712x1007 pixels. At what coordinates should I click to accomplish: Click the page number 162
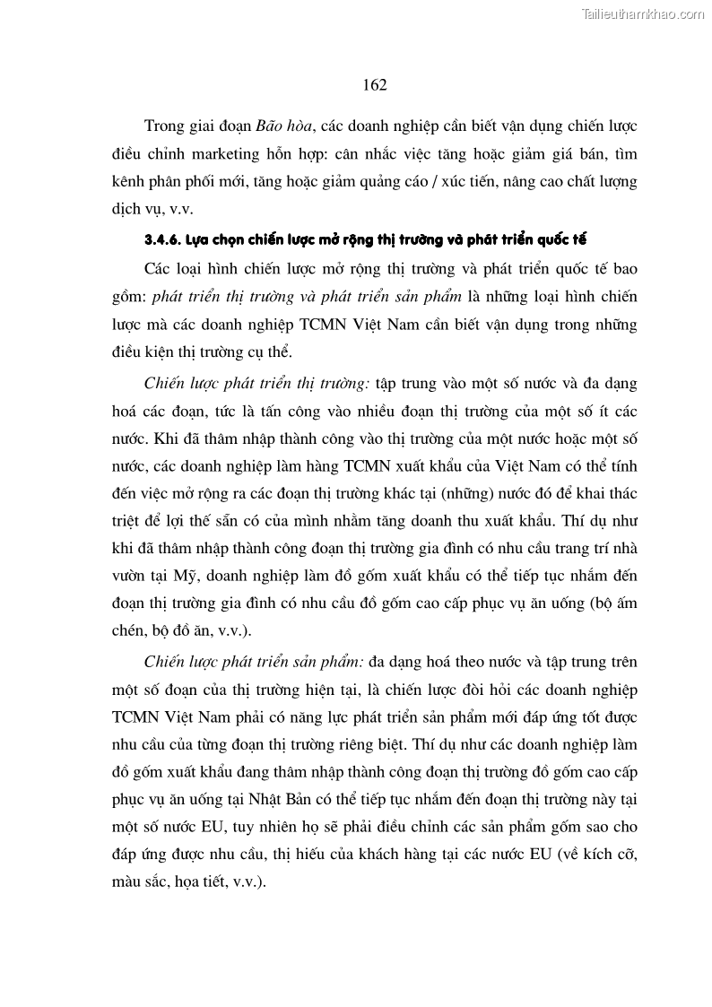point(375,84)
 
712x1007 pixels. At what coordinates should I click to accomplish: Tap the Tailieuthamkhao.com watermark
point(643,13)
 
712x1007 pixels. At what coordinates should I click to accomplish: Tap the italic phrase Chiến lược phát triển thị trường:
point(255,383)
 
